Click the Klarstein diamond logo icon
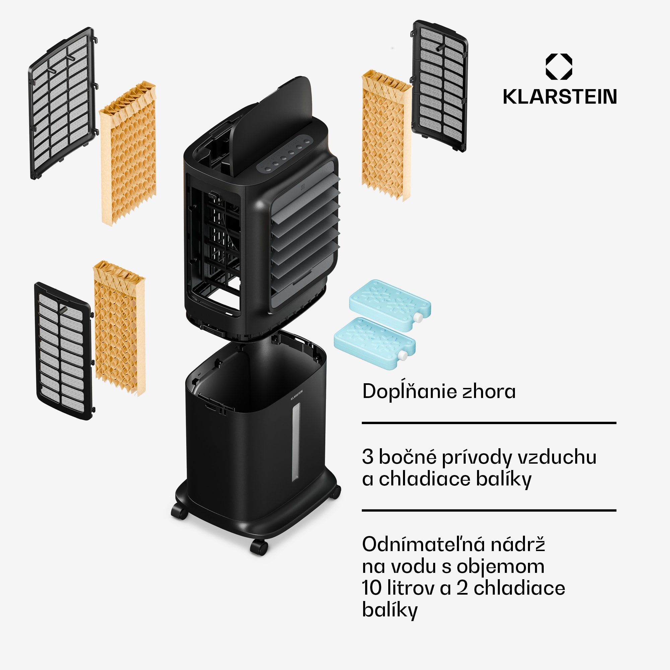[559, 67]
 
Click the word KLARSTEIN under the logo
[559, 97]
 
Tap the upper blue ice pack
[390, 306]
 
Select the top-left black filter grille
[62, 102]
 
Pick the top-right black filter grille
[440, 85]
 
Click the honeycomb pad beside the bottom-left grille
[119, 328]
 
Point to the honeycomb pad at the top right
[386, 135]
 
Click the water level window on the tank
[295, 442]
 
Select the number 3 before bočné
[367, 457]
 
